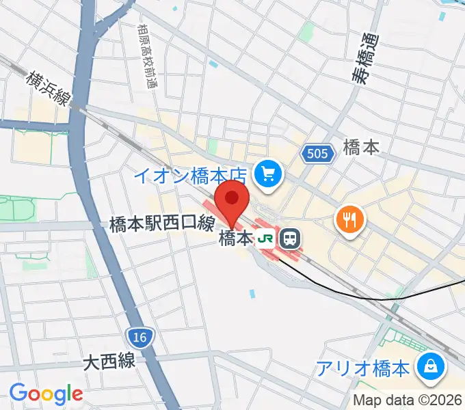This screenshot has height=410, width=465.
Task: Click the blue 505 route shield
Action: [318, 154]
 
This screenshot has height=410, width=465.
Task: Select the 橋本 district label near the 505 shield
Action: [360, 148]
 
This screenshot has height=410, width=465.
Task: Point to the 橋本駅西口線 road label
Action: [162, 223]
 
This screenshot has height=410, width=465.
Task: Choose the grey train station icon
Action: [291, 238]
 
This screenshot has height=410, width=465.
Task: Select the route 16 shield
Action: [141, 336]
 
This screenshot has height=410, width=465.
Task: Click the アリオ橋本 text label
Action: [363, 368]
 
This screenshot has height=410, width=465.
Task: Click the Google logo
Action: [46, 394]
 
